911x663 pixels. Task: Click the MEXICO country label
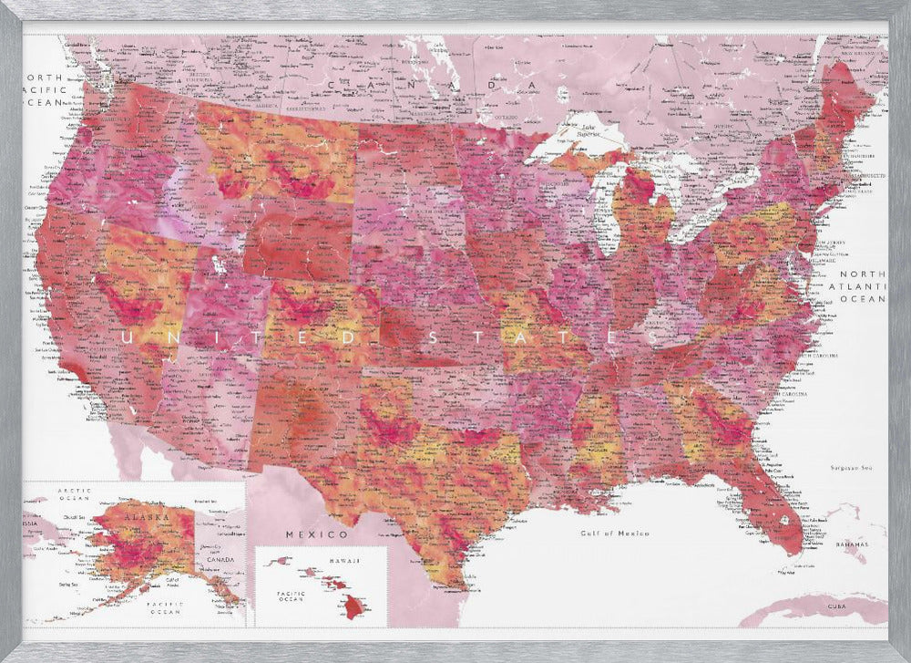[x=316, y=534]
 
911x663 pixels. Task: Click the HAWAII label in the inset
[x=345, y=560]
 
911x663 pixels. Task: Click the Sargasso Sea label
[x=853, y=468]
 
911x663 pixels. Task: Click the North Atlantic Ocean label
[x=862, y=286]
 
